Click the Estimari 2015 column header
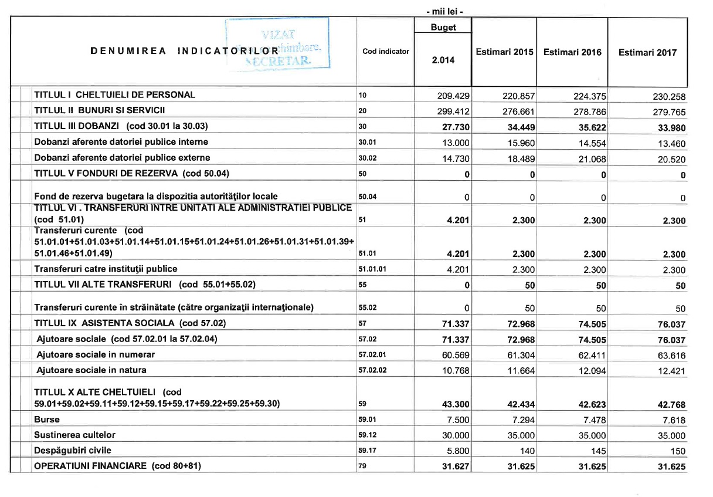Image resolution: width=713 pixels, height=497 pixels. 505,52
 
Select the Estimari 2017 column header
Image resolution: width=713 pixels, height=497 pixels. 647,52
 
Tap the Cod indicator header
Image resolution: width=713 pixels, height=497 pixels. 386,52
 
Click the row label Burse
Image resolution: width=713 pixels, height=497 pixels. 47,420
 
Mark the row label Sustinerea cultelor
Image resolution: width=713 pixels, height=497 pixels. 74,435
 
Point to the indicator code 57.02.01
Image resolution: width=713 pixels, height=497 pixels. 374,355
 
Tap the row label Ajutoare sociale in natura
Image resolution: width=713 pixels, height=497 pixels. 91,370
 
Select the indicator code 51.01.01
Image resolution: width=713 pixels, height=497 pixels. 374,269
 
